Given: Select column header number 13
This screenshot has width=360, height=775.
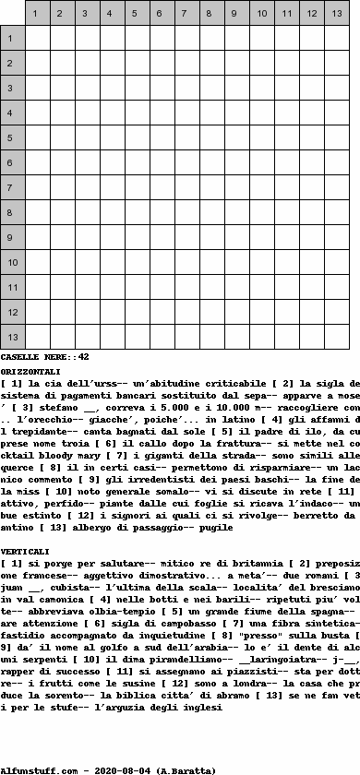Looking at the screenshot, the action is (x=336, y=14).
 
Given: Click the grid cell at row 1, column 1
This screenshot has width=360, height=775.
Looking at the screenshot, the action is (x=37, y=39).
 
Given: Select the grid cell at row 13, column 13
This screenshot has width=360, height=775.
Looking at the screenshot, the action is (x=336, y=338).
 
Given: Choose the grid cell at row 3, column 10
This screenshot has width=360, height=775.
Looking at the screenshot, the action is (x=261, y=89).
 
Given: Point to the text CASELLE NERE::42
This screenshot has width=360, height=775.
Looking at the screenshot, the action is (x=44, y=356).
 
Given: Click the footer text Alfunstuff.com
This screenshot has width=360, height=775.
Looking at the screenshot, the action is (x=36, y=769).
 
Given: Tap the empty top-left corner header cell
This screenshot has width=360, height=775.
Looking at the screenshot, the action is (x=12, y=14).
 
